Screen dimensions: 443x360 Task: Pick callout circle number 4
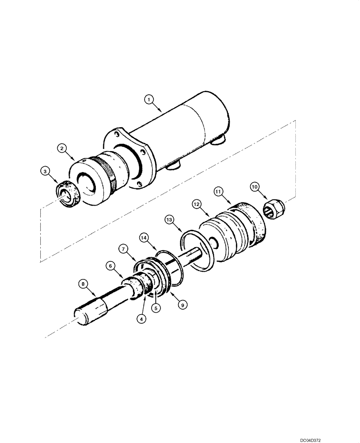pos(141,318)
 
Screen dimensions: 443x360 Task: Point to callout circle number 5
pos(156,307)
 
